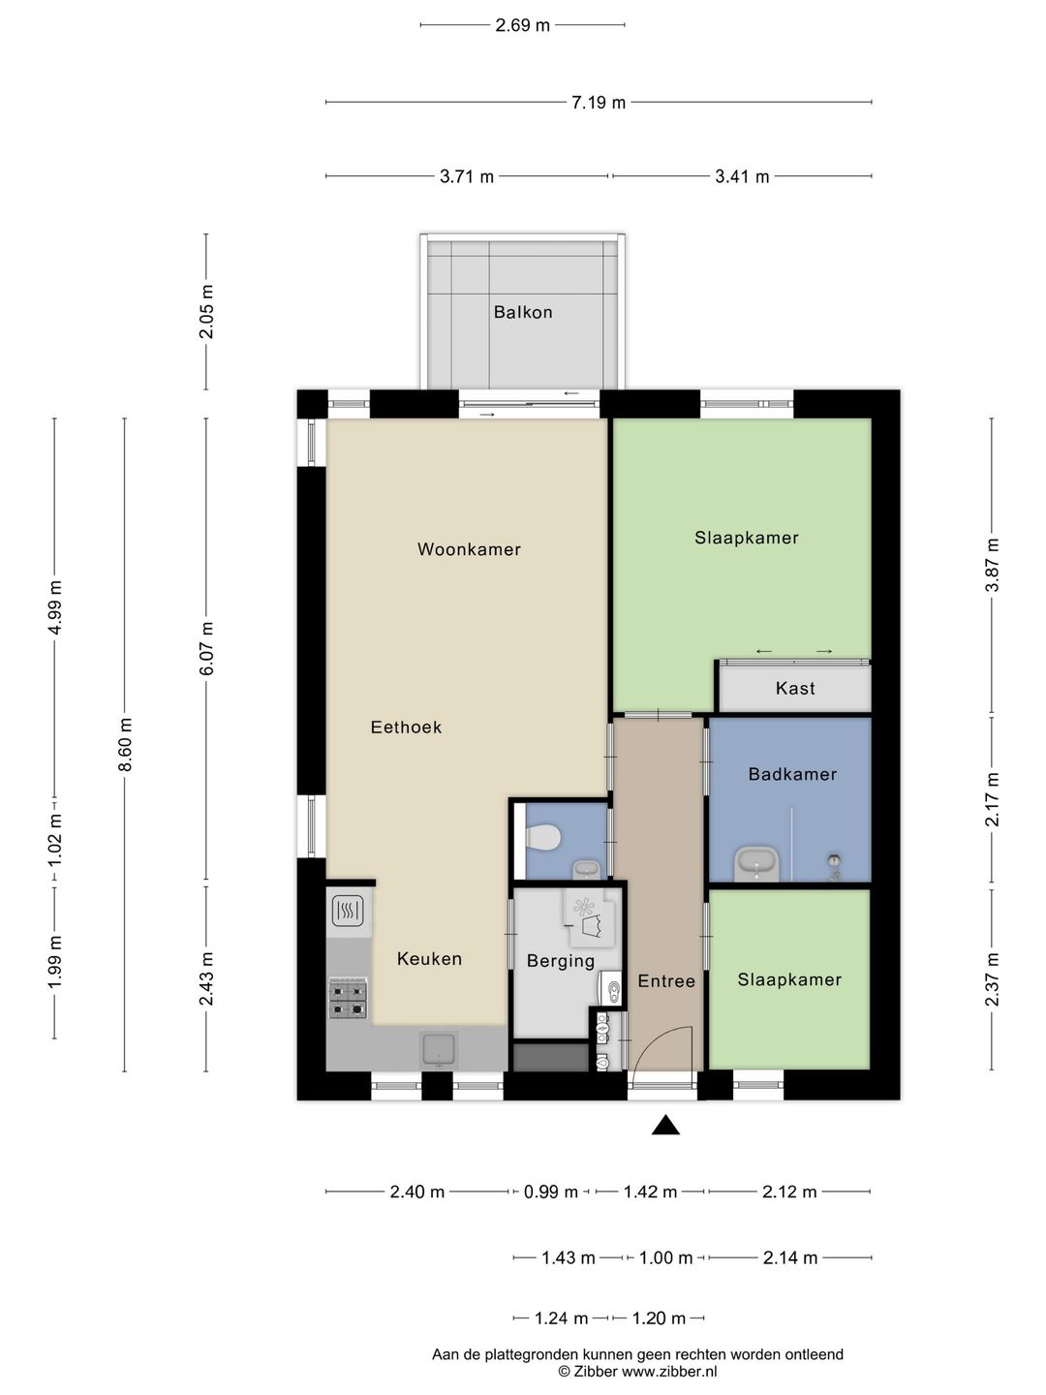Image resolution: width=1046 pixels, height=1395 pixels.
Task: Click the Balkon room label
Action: click(523, 312)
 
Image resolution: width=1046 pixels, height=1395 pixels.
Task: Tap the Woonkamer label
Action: click(469, 549)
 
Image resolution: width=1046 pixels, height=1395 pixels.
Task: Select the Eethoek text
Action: click(406, 728)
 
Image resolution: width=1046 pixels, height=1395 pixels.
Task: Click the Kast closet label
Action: click(795, 688)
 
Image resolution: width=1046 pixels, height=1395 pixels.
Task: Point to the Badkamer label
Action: click(792, 774)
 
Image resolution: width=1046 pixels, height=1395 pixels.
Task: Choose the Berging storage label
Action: click(561, 962)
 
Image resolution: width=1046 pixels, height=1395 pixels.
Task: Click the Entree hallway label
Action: click(666, 981)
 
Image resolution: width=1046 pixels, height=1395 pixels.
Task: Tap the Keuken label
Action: click(429, 959)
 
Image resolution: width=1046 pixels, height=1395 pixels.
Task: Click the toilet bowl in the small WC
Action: click(542, 837)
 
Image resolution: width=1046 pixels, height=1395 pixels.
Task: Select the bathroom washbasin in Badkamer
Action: click(756, 864)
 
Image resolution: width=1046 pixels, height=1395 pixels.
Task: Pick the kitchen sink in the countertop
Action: click(439, 1050)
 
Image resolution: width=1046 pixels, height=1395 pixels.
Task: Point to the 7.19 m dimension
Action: click(599, 103)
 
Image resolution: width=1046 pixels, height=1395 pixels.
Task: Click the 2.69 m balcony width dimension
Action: click(522, 25)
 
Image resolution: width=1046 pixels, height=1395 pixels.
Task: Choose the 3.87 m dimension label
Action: click(992, 565)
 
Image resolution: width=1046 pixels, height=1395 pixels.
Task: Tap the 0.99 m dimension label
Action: click(551, 1193)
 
